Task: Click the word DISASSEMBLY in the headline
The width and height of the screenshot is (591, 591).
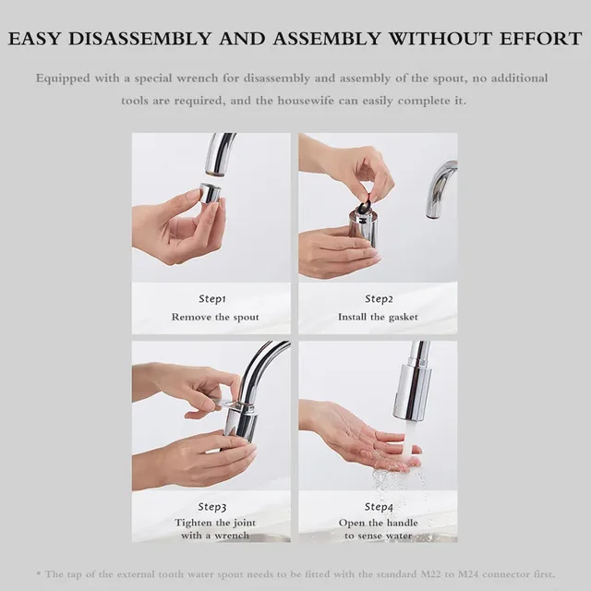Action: point(140,39)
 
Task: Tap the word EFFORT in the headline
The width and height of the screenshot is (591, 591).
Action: point(541,39)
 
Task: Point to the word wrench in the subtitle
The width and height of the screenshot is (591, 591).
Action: point(197,78)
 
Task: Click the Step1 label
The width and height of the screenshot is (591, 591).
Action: point(212,299)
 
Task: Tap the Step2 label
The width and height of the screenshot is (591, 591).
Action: point(379,299)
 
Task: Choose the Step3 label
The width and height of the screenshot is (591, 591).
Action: point(212,507)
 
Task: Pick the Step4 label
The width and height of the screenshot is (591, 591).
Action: point(379,507)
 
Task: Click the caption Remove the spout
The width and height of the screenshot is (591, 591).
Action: point(215,317)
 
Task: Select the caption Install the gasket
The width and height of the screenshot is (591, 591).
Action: point(378,317)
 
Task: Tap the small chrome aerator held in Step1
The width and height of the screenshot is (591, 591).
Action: point(210,193)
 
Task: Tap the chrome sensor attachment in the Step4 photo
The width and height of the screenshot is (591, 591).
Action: point(412,392)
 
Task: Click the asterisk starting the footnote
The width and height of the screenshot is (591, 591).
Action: point(39,573)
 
